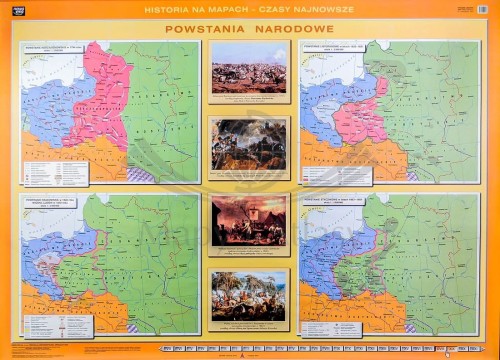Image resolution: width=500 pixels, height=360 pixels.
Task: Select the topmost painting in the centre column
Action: coord(249,67)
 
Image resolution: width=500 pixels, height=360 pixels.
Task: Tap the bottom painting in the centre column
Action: coord(249,296)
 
